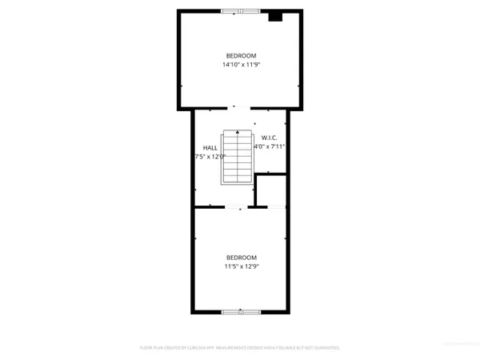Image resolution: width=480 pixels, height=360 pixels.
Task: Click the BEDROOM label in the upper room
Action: [x=240, y=55]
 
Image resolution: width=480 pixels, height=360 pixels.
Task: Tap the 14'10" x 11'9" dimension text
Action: [x=240, y=65]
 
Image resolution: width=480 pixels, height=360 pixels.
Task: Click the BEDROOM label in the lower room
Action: [x=240, y=257]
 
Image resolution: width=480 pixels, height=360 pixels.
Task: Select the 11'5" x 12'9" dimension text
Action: [x=240, y=266]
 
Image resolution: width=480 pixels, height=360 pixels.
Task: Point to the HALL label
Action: [x=210, y=147]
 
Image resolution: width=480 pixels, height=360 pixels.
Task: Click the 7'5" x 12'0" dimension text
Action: [x=210, y=157]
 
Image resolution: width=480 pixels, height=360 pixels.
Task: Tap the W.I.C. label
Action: [x=269, y=138]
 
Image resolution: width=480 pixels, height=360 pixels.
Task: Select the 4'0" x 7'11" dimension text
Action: [x=270, y=147]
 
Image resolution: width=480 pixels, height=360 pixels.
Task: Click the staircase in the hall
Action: [x=237, y=157]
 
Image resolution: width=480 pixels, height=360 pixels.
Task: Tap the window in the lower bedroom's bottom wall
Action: [x=238, y=311]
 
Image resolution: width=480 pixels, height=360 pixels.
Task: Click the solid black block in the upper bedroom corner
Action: [x=275, y=16]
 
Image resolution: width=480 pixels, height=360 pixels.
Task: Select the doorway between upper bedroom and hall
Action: [x=239, y=108]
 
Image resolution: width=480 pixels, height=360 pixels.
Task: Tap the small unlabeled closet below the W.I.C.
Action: [x=270, y=190]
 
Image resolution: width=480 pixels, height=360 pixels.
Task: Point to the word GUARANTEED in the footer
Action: [x=327, y=348]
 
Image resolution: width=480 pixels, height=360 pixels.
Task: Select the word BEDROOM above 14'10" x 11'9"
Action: [x=240, y=55]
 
